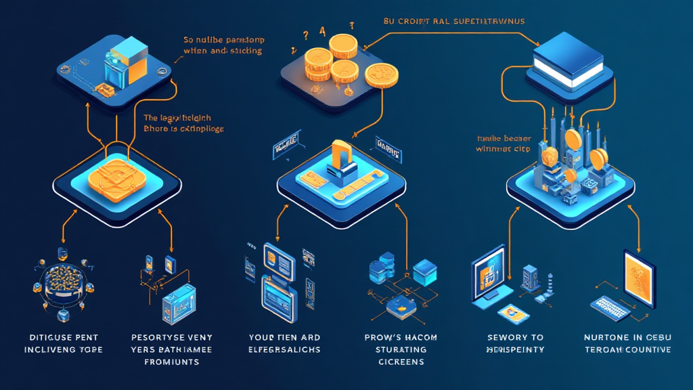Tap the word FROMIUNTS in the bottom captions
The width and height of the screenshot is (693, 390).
pyautogui.click(x=172, y=362)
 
